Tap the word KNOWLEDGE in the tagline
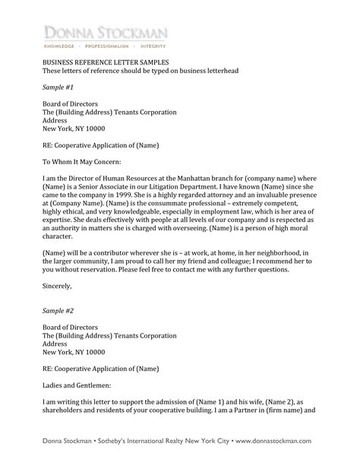[62, 45]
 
